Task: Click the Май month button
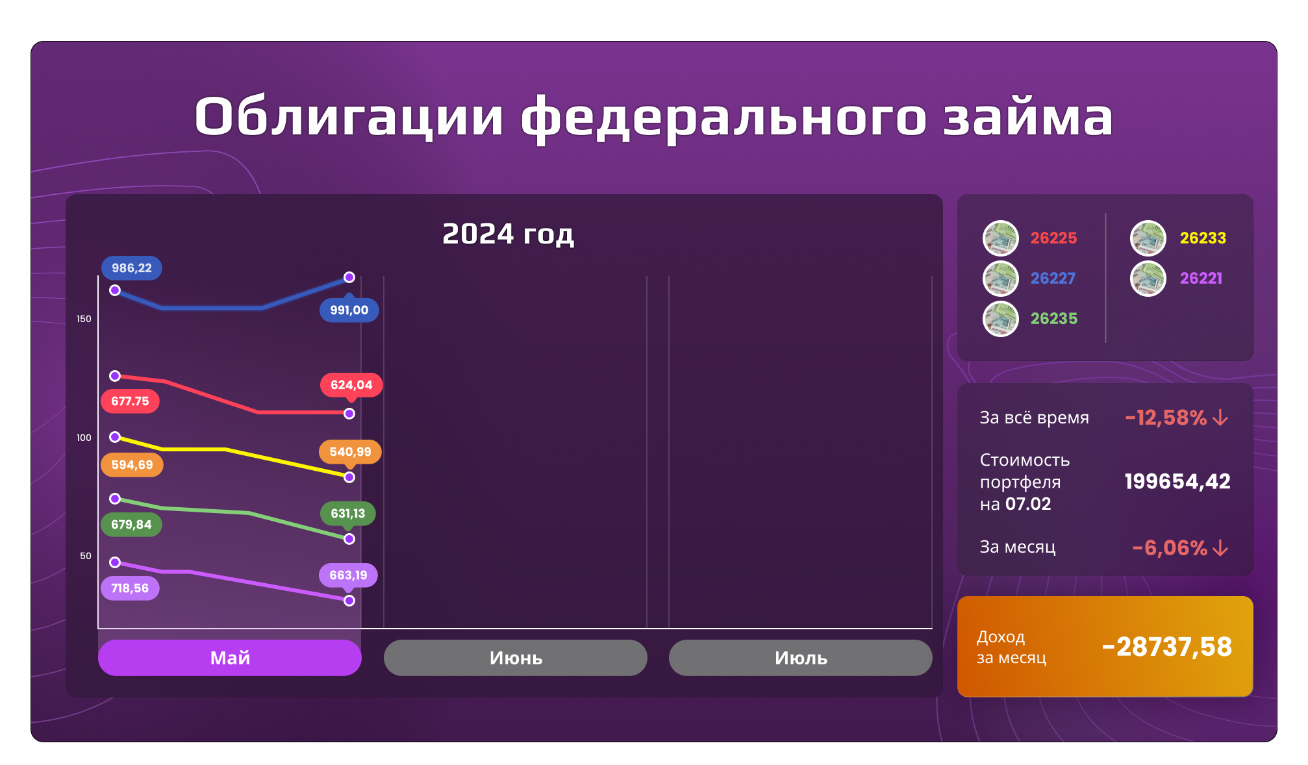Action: pos(229,657)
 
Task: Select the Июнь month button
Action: pos(515,657)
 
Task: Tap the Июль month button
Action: pos(800,657)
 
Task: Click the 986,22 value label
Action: pos(131,268)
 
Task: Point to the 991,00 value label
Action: pos(349,310)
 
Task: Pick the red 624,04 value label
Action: pos(351,384)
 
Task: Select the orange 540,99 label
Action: pos(350,451)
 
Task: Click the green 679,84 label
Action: pos(131,524)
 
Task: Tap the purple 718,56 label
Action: pos(130,588)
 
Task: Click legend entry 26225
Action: pos(1053,238)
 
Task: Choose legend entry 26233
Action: pos(1203,238)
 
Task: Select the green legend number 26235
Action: pos(1053,318)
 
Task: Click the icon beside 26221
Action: pos(1148,279)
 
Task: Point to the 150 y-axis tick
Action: pos(84,319)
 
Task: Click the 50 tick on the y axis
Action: pos(86,556)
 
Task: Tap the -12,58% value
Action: pos(1166,418)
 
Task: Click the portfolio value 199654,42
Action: pos(1177,481)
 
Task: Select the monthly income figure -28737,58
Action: pos(1166,646)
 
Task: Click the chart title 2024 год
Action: pos(508,234)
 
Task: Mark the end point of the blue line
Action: pos(349,277)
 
